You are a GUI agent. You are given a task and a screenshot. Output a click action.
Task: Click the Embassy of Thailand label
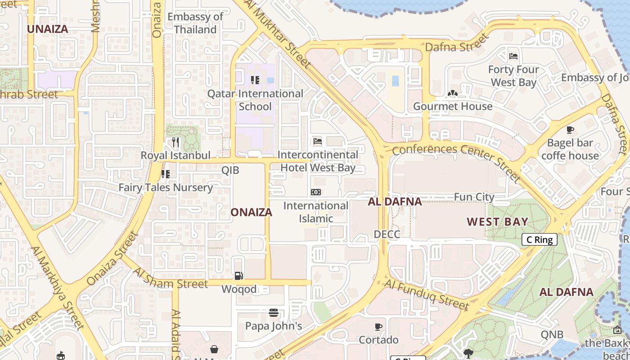(195, 23)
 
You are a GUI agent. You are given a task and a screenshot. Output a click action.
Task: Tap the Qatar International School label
(255, 100)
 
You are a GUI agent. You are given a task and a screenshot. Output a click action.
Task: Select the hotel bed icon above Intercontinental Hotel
(318, 141)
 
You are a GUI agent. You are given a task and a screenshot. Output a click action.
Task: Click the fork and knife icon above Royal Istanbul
(175, 142)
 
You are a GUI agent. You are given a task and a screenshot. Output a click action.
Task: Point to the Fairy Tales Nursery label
(166, 187)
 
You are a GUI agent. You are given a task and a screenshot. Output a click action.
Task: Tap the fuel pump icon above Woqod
(239, 275)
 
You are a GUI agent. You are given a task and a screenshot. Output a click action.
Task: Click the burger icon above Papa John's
(273, 312)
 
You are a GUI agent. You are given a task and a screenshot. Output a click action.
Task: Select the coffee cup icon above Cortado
(378, 326)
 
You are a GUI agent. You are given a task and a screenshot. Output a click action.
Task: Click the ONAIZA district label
(252, 212)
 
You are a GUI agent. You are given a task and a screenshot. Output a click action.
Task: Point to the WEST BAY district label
(497, 222)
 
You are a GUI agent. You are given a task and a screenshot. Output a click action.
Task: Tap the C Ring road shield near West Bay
(540, 239)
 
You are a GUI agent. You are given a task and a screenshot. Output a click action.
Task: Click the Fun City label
(474, 197)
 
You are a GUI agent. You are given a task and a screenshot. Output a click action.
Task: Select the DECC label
(387, 234)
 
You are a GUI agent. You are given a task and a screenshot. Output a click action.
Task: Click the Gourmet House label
(453, 106)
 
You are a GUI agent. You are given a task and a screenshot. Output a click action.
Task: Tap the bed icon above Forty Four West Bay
(513, 56)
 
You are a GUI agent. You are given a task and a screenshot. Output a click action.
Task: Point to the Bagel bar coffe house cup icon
(570, 130)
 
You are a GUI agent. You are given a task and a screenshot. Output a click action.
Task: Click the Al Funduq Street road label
(427, 295)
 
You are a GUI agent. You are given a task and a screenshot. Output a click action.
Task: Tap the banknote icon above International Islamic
(316, 192)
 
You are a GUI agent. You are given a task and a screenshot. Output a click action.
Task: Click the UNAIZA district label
(48, 29)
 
